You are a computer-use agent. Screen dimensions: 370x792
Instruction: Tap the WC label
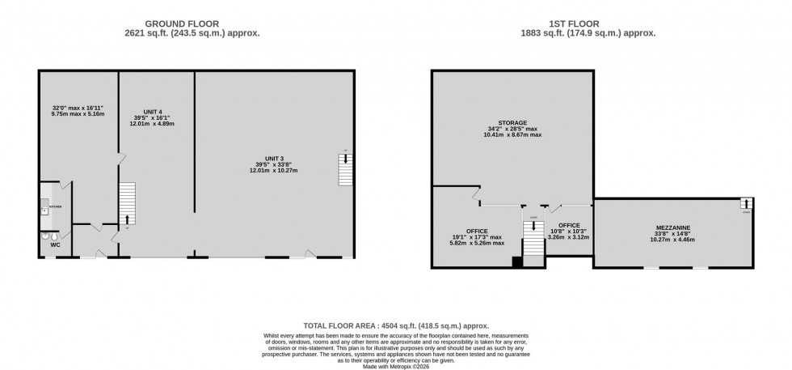(56, 243)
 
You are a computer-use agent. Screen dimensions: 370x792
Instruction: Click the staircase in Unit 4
(127, 203)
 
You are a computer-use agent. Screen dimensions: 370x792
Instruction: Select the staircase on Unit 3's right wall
(345, 169)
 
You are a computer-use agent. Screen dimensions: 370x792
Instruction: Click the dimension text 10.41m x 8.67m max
(513, 134)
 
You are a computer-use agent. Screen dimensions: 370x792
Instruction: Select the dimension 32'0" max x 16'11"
(72, 107)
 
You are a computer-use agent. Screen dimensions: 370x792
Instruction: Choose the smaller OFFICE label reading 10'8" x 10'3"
(569, 225)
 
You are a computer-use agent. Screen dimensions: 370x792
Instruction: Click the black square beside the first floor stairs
(517, 261)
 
